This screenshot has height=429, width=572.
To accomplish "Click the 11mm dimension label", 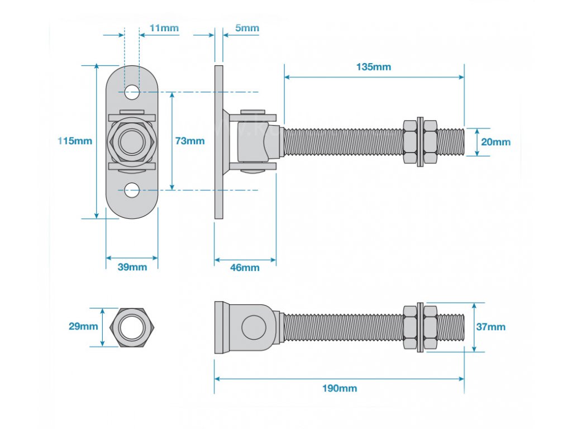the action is (164, 28).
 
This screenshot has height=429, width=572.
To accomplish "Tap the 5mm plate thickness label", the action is (247, 28).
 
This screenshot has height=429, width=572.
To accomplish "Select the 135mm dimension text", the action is (374, 67).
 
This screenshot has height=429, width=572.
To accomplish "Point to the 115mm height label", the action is (75, 141).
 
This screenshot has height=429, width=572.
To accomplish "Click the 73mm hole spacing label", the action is (190, 141).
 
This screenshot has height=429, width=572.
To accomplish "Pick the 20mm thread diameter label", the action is (495, 142).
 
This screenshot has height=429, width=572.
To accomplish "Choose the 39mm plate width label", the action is (132, 267).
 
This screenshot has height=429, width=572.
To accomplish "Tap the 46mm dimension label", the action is (245, 268).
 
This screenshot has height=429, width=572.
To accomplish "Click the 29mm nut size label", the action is (83, 326).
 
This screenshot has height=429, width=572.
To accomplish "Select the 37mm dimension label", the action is (490, 327).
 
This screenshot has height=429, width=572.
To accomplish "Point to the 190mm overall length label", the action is (340, 388).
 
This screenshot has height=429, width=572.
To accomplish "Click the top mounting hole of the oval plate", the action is (132, 92).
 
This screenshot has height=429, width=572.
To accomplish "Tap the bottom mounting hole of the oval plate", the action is (132, 190).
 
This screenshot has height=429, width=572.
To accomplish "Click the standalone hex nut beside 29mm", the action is (132, 327).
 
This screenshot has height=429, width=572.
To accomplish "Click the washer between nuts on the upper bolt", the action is (420, 142).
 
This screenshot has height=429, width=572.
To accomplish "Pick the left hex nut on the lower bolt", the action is (410, 327).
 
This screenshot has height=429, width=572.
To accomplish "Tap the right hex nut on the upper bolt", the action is (430, 142).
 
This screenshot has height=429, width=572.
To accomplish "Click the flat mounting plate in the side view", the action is (218, 142).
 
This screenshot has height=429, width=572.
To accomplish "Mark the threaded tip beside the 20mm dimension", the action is (451, 142).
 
